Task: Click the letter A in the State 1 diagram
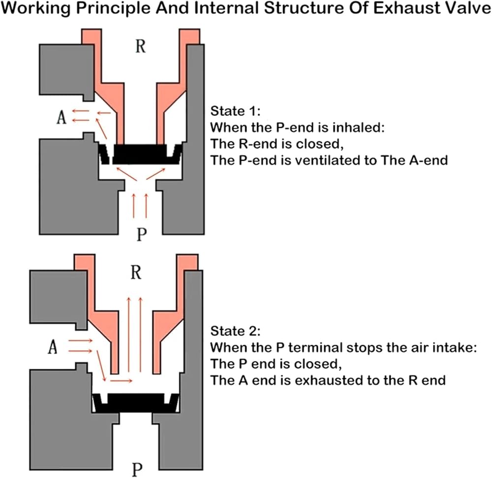pyautogui.click(x=61, y=119)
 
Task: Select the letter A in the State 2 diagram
pyautogui.click(x=53, y=348)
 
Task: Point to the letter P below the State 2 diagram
pyautogui.click(x=137, y=469)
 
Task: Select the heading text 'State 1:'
pyautogui.click(x=231, y=110)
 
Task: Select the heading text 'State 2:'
pyautogui.click(x=232, y=329)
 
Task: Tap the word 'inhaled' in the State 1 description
pyautogui.click(x=351, y=127)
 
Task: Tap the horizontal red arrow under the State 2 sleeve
pyautogui.click(x=121, y=380)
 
